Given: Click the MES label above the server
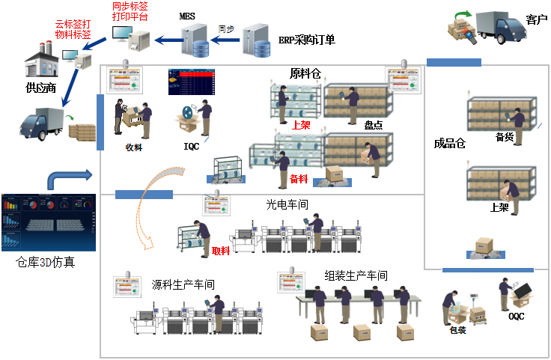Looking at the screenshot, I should click(x=188, y=15).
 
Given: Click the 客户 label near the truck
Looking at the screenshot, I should click(x=537, y=19).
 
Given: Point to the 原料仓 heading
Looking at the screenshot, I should click(x=305, y=73).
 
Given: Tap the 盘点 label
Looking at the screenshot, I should click(x=374, y=126).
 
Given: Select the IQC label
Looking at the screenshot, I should click(x=192, y=147).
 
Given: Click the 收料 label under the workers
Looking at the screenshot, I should click(x=135, y=147).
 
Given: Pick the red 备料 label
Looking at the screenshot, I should click(x=299, y=180).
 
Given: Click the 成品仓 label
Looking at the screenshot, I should click(x=450, y=144).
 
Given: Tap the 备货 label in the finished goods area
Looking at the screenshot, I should click(x=505, y=136).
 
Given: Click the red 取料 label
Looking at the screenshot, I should click(x=221, y=251).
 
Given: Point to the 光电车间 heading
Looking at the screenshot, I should click(x=287, y=204).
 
